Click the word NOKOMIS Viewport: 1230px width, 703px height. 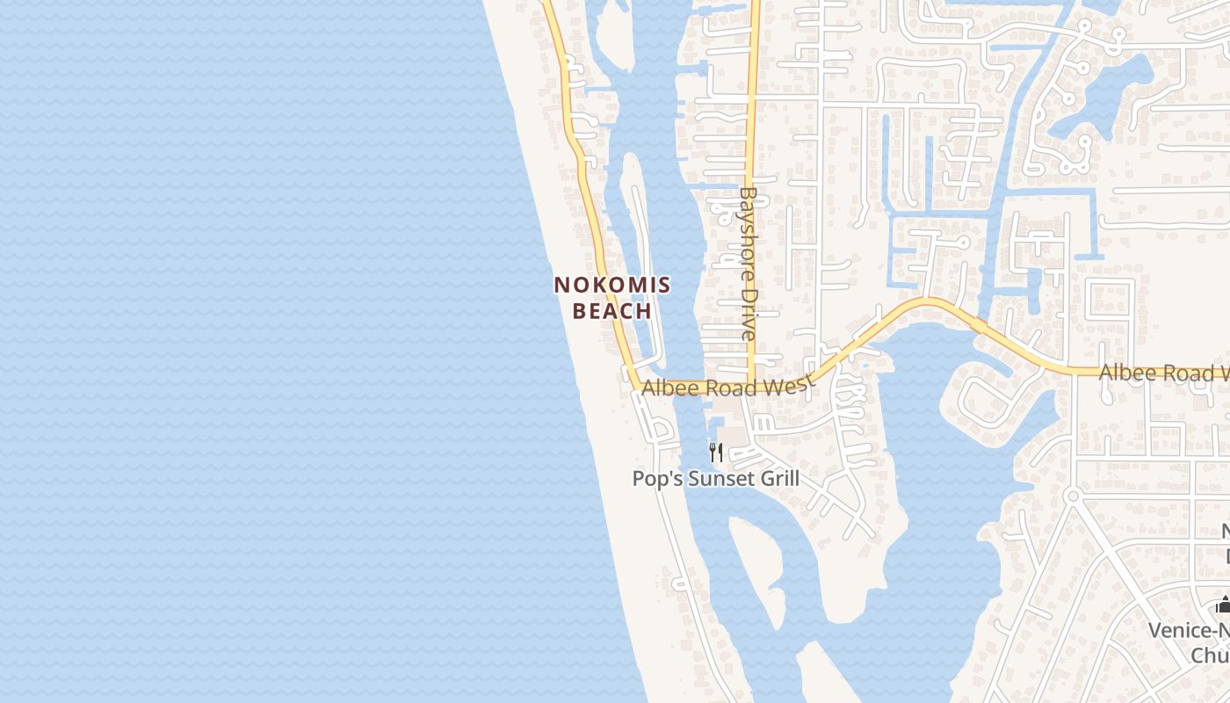612,285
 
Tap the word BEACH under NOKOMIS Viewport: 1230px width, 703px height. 612,311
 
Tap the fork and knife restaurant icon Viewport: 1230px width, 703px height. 716,453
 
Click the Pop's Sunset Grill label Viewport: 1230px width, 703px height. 716,479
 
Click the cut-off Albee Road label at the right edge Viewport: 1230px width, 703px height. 1163,373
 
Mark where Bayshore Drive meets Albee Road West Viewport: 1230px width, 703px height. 752,384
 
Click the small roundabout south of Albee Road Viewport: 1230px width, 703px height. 1072,496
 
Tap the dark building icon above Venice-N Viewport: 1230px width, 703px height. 1223,605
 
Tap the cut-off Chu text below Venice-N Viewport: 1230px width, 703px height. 1210,656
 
